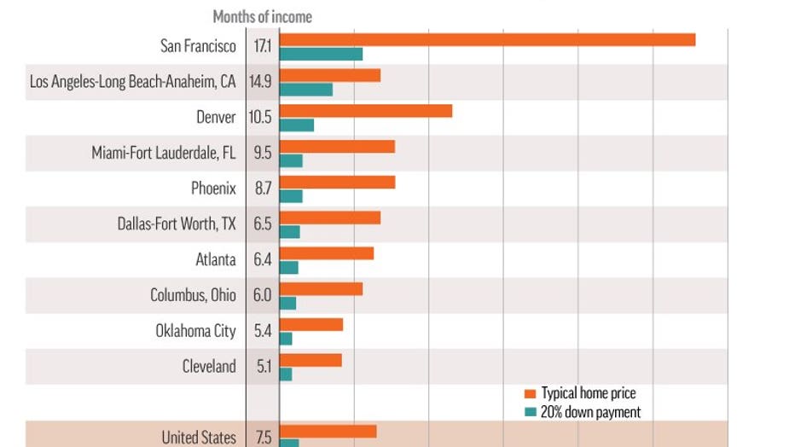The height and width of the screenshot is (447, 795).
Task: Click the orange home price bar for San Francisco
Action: (x=487, y=39)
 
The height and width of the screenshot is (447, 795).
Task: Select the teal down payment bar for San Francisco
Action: (x=321, y=54)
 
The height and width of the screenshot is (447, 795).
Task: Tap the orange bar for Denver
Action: (x=365, y=111)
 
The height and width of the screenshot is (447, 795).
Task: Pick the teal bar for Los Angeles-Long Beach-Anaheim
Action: (x=305, y=90)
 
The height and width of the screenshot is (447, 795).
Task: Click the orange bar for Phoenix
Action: (x=337, y=182)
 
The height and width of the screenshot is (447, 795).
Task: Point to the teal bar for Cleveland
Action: (x=286, y=374)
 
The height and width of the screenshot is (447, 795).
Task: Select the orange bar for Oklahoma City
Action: (x=311, y=324)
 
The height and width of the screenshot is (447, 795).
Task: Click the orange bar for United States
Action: (x=328, y=431)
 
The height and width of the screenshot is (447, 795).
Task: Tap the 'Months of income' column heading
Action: (x=262, y=16)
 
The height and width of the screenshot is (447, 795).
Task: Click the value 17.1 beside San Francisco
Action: (x=262, y=46)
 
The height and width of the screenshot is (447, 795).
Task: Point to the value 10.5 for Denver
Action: (x=260, y=118)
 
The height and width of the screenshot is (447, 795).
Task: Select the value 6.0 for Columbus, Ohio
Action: (x=262, y=295)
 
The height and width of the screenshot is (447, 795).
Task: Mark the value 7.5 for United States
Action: (x=264, y=438)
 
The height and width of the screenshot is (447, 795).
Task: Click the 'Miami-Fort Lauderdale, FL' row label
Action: (x=163, y=153)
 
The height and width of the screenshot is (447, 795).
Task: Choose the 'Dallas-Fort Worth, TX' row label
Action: (x=176, y=224)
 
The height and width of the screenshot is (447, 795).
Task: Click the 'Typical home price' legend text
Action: (x=589, y=393)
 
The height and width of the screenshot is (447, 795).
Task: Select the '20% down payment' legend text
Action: (x=591, y=412)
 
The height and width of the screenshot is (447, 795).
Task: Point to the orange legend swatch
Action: (x=531, y=393)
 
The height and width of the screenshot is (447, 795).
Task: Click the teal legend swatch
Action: (x=531, y=412)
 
